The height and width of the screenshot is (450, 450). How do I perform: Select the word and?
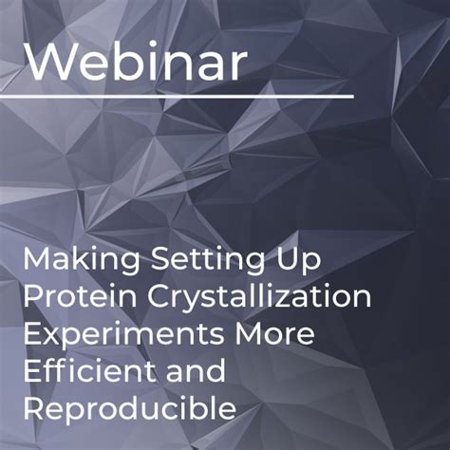coord(193,370)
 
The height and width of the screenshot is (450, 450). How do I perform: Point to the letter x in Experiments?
coord(52,335)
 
